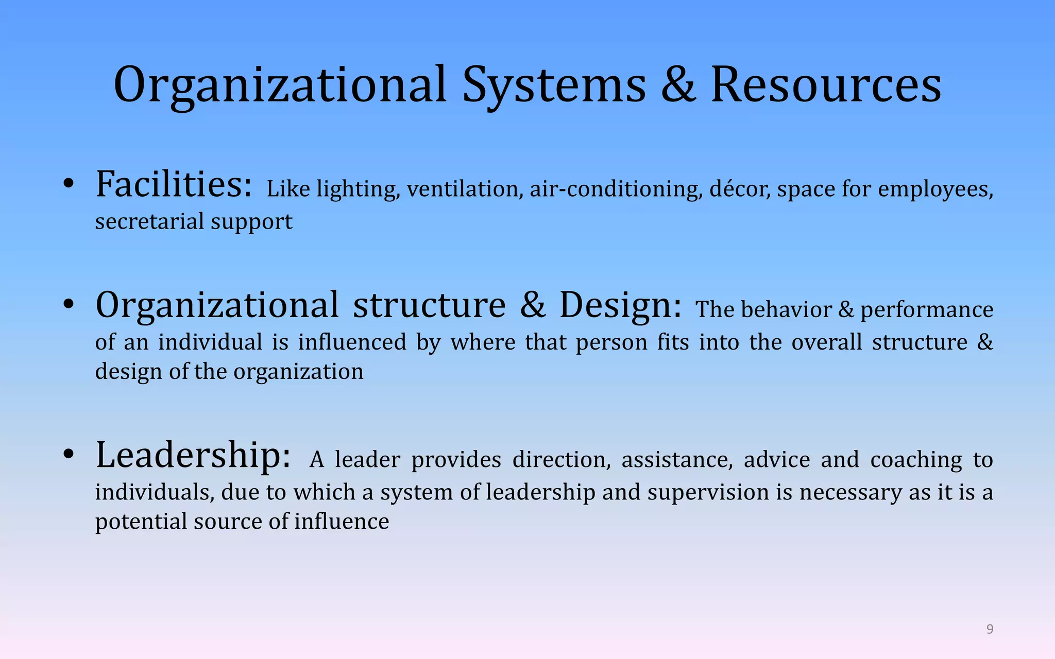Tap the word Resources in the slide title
tap(826, 85)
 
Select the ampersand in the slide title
tap(678, 85)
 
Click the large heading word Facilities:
tap(174, 184)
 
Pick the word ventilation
tap(462, 189)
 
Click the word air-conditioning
tap(616, 189)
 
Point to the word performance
tap(927, 309)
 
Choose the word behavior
tap(787, 309)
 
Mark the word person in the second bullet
tap(611, 342)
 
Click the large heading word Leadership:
tap(193, 455)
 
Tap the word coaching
tap(916, 460)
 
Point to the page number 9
tap(990, 629)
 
